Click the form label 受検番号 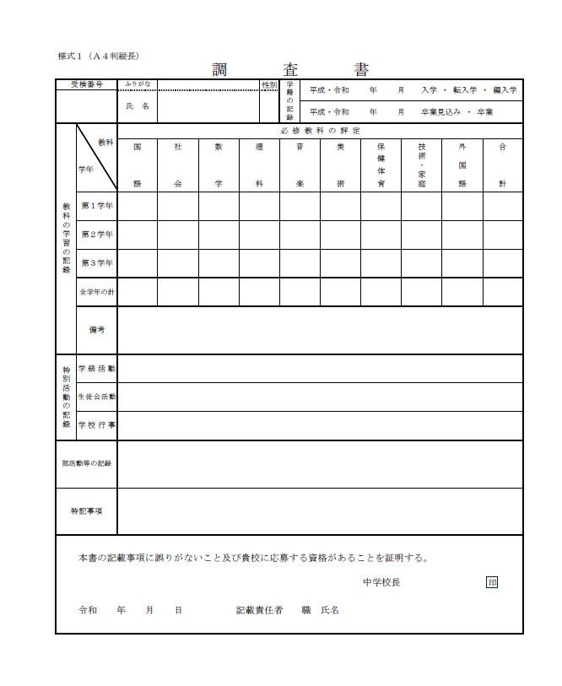pyautogui.click(x=86, y=84)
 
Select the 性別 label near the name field pyautogui.click(x=268, y=84)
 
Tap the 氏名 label pyautogui.click(x=137, y=106)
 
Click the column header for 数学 pyautogui.click(x=219, y=165)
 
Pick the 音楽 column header pyautogui.click(x=300, y=165)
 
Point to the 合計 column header pyautogui.click(x=502, y=165)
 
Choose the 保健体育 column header pyautogui.click(x=381, y=165)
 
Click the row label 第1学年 pyautogui.click(x=96, y=206)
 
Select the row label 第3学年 pyautogui.click(x=96, y=263)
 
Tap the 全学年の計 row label pyautogui.click(x=96, y=292)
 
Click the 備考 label pyautogui.click(x=96, y=330)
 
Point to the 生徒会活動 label pyautogui.click(x=96, y=397)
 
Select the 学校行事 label pyautogui.click(x=96, y=425)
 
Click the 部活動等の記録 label pyautogui.click(x=86, y=464)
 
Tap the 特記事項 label pyautogui.click(x=86, y=511)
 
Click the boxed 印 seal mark pyautogui.click(x=492, y=582)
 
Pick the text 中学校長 pyautogui.click(x=381, y=582)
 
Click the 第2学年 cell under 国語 pyautogui.click(x=137, y=235)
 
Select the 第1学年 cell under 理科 pyautogui.click(x=259, y=206)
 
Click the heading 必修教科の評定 pyautogui.click(x=320, y=130)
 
